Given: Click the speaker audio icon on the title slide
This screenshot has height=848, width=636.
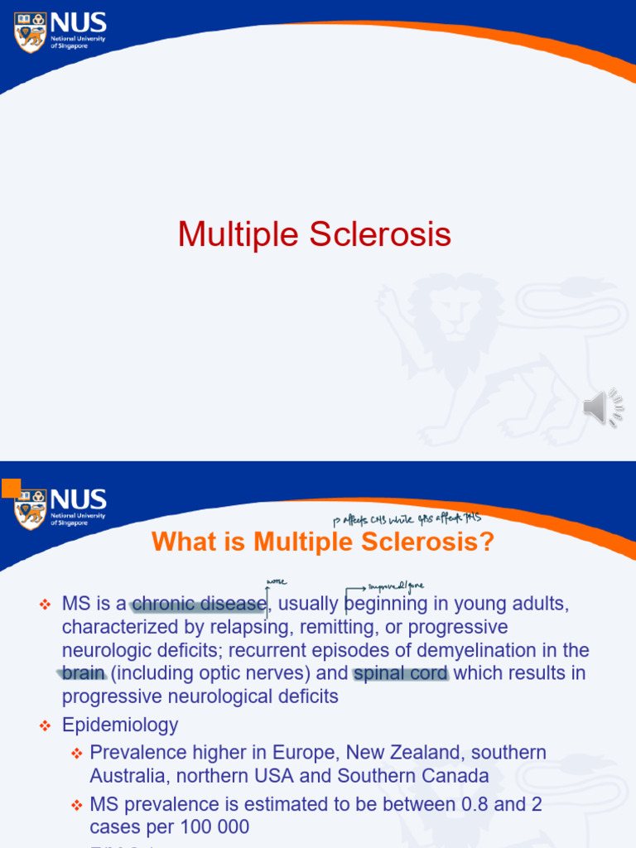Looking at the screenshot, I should pyautogui.click(x=603, y=407).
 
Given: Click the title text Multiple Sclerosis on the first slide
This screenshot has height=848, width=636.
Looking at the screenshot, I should pyautogui.click(x=314, y=234).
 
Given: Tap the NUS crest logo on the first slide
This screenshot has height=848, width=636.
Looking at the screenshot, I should pyautogui.click(x=31, y=31).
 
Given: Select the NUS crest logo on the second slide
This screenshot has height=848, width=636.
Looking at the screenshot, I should pyautogui.click(x=31, y=508).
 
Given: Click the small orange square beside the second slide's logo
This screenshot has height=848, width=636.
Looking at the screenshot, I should pyautogui.click(x=11, y=488).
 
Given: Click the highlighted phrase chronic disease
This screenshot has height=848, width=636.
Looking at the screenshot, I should pyautogui.click(x=199, y=605).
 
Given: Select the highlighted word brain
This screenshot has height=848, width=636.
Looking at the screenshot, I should pyautogui.click(x=84, y=673).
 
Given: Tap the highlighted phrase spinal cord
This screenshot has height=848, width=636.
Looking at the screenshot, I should pyautogui.click(x=401, y=673).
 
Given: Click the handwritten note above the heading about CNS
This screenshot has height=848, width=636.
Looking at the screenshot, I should pyautogui.click(x=406, y=519).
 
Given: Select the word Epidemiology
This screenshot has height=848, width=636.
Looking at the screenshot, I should pyautogui.click(x=120, y=725).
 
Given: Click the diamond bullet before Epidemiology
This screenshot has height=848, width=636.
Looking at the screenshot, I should pyautogui.click(x=46, y=726).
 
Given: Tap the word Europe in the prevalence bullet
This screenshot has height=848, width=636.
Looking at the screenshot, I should pyautogui.click(x=307, y=753).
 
